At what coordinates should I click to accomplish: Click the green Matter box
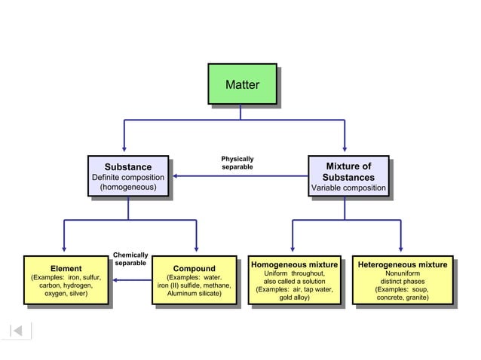coord(242,84)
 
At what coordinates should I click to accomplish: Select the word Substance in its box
coord(127,166)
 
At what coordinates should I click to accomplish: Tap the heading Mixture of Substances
coord(348,172)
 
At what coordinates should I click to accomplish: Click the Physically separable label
coord(237,163)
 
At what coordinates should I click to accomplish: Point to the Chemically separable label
coord(130,259)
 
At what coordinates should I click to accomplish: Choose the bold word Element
coord(66,269)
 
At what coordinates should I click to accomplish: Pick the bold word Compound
coord(194,269)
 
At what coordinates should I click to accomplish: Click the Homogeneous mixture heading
coord(294,265)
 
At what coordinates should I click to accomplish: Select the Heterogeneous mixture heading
coord(402,265)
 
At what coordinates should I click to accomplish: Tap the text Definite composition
coord(127,177)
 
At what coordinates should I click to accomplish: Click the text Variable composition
coord(348,188)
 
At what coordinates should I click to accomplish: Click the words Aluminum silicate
coord(194,294)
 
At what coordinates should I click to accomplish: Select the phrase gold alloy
coord(295,297)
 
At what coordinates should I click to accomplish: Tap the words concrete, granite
coord(403,297)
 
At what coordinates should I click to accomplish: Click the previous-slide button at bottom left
coord(18,330)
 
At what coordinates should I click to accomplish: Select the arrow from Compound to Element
coord(132,280)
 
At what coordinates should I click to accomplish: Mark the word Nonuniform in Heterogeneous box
coord(402,273)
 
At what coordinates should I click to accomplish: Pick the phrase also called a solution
coord(294,281)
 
